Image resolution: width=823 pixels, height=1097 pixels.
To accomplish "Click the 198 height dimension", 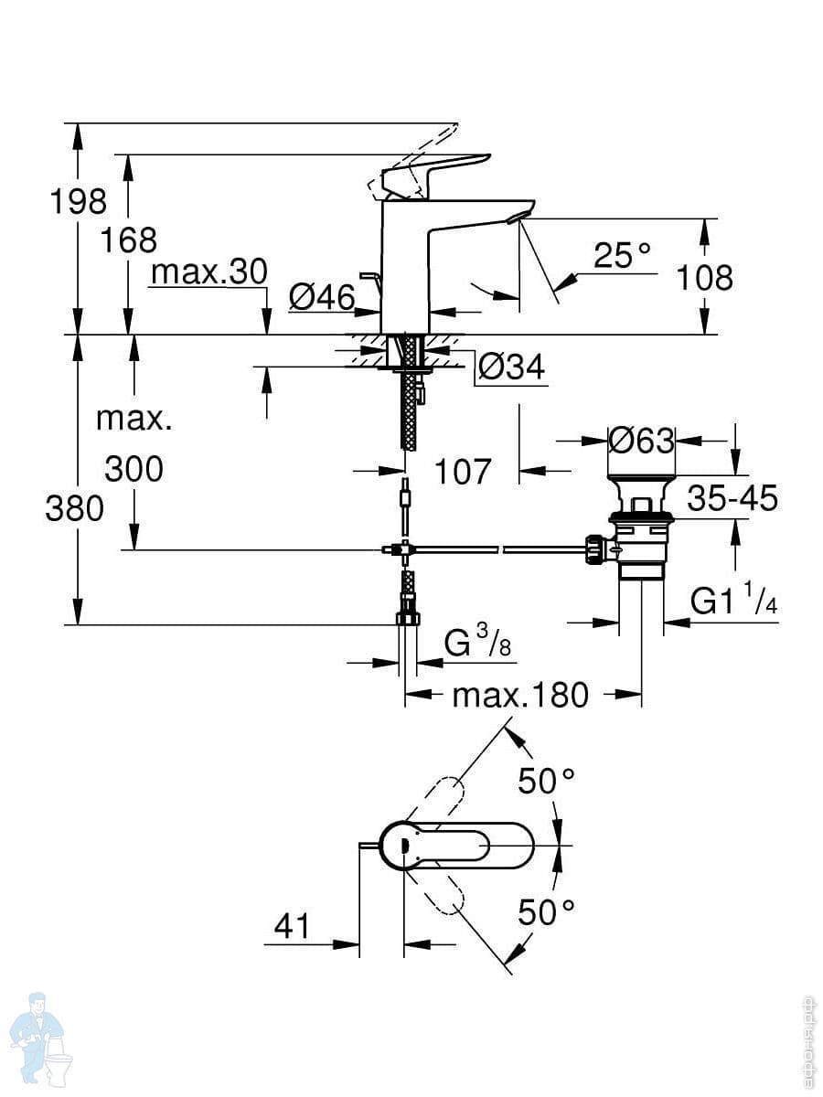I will click(x=78, y=200).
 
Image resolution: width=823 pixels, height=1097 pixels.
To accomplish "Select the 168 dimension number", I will click(x=129, y=240).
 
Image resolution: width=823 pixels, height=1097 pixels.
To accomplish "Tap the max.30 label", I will click(x=208, y=272).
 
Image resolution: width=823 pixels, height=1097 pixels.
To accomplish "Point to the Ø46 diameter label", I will click(x=322, y=296).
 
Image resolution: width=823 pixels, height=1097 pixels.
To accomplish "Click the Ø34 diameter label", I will click(x=511, y=367).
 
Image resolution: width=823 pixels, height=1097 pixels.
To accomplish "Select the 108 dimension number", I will click(x=704, y=277).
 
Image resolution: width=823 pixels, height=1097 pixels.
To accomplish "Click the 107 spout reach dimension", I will click(x=462, y=472).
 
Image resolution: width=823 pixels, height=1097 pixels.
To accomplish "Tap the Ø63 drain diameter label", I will click(x=641, y=442).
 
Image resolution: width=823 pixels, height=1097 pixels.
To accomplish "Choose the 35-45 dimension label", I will click(x=732, y=499).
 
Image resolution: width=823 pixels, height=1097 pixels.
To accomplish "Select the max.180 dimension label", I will click(x=520, y=696).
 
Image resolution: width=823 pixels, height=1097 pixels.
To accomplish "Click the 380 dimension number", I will click(x=74, y=508).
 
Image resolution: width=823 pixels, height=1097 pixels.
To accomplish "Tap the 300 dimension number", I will click(x=134, y=469).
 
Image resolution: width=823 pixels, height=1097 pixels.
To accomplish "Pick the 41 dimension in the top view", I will click(x=293, y=927).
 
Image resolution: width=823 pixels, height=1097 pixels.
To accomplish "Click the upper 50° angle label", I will click(x=547, y=781).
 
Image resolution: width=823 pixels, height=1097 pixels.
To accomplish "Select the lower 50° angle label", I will click(x=547, y=911).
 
